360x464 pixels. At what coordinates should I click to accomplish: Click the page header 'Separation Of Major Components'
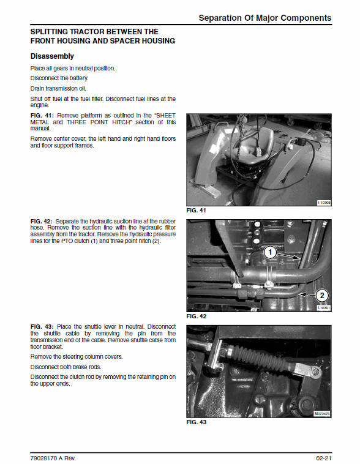click(x=265, y=18)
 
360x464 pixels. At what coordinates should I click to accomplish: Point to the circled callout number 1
click(x=269, y=252)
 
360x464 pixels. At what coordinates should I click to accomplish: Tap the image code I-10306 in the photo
click(x=323, y=203)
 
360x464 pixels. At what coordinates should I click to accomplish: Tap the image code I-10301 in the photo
click(x=323, y=308)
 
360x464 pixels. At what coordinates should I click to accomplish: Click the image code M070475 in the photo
click(x=322, y=414)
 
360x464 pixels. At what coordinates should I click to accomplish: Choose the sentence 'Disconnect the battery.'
click(x=59, y=78)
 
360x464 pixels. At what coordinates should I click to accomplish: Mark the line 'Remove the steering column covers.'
click(x=77, y=356)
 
